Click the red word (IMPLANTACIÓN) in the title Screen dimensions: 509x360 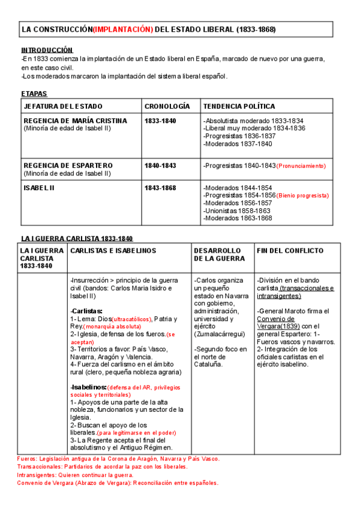122,29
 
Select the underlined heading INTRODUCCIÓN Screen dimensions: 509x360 47,50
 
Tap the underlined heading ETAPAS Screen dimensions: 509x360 34,94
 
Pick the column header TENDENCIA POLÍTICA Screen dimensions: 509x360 239,106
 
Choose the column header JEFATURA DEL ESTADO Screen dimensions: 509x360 62,106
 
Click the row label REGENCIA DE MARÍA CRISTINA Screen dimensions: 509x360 75,121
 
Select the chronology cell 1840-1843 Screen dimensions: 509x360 160,165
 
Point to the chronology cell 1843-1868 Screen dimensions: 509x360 160,188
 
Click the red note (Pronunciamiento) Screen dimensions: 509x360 302,166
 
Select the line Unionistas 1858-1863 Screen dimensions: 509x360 237,211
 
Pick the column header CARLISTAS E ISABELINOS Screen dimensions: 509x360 113,250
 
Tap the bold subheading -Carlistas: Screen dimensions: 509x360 86,310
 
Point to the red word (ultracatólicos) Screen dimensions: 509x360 132,319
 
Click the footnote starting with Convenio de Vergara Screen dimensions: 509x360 118,483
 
